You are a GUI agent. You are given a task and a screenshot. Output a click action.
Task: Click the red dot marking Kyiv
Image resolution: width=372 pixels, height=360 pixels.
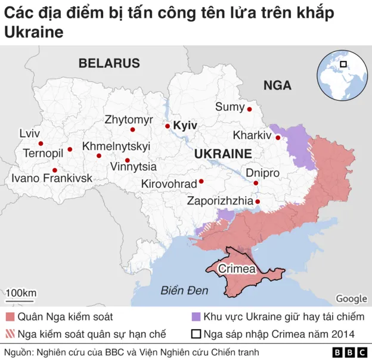point(168,126)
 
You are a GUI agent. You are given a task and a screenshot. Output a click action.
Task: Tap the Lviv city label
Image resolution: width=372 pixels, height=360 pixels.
point(29,133)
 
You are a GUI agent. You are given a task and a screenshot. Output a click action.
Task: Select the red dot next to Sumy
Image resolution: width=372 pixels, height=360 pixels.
point(249,109)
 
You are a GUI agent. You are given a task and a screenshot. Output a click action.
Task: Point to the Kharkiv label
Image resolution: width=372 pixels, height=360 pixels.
point(252,135)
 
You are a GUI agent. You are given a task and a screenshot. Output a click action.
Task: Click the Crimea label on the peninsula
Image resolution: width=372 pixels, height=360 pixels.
point(237,269)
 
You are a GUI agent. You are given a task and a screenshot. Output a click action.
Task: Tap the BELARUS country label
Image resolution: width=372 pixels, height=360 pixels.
point(109,63)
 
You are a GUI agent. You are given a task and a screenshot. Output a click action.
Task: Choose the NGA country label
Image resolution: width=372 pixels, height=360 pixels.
point(277,85)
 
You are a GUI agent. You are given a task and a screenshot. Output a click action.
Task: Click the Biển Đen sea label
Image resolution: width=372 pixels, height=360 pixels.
point(184,291)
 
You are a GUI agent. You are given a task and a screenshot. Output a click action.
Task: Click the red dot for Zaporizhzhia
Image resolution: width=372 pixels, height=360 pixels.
point(258,201)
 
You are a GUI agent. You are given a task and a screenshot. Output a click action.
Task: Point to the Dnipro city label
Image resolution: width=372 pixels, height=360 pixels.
point(262,173)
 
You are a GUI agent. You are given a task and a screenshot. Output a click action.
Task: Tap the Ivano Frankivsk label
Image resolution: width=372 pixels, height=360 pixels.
point(52,178)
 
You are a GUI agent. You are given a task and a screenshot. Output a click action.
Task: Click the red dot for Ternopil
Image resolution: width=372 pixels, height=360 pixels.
point(70,150)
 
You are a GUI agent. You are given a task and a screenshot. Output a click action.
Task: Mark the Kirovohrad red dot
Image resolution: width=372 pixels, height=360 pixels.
point(201,181)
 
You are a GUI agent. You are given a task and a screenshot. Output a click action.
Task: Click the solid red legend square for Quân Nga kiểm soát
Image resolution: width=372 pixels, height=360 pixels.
point(11,316)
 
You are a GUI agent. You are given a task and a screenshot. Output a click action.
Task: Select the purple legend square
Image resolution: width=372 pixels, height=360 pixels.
point(194,316)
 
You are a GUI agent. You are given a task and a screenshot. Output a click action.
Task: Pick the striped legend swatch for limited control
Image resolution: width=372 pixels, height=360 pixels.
point(11,333)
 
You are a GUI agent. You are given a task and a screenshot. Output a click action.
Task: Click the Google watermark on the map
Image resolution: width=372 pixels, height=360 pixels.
point(351,299)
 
